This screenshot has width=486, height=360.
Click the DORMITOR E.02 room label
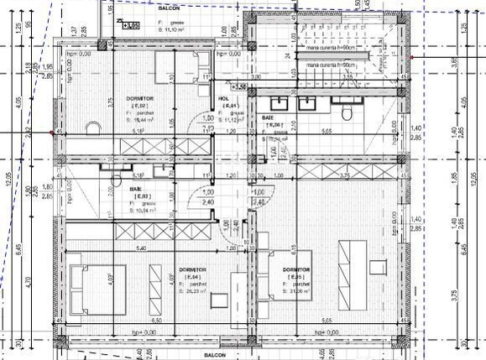click(x=139, y=98)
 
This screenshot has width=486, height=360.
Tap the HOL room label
click(x=223, y=98)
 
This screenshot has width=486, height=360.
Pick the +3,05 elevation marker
click(x=130, y=26)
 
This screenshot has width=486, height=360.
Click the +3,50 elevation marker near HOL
click(x=238, y=86)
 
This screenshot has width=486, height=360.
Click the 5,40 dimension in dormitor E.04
click(x=118, y=248)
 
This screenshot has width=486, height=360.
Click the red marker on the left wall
click(x=52, y=133)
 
